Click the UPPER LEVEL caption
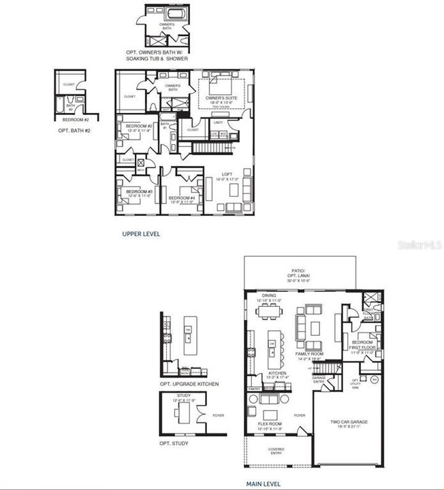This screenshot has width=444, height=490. point(141,233)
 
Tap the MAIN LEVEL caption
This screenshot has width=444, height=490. point(262,484)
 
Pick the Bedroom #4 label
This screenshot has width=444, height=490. point(182,199)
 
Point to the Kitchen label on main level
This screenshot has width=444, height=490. point(277,374)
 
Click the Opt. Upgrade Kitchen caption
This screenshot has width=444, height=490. point(189,385)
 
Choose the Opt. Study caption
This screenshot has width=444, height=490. point(174,444)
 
